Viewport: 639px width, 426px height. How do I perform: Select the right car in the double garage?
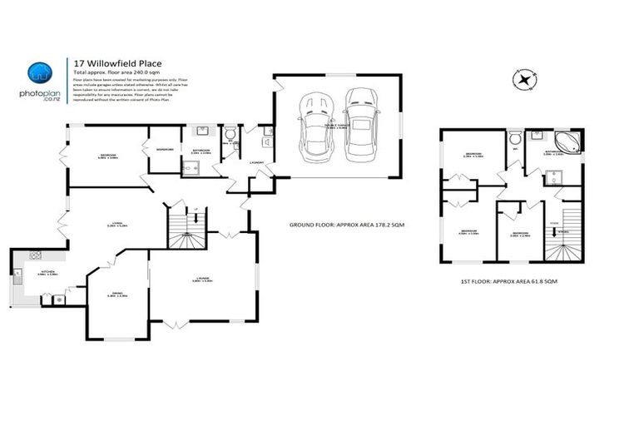click(x=361, y=124)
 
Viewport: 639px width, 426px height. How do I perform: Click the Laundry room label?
click(x=257, y=162)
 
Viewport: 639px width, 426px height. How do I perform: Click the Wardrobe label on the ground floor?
click(x=165, y=150)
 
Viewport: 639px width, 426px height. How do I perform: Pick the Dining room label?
click(x=117, y=293)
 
